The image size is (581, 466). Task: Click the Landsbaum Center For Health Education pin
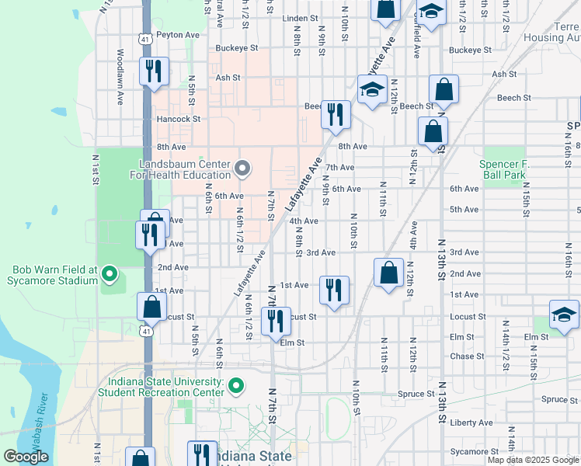click(243, 168)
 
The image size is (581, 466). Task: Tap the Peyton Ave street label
click(178, 35)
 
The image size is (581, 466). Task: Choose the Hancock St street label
click(179, 120)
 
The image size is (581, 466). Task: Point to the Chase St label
click(467, 356)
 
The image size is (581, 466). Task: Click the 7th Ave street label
click(339, 167)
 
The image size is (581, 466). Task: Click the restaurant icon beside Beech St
click(336, 113)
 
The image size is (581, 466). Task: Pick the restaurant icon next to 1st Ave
click(335, 290)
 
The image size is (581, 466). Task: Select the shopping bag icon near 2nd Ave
click(388, 273)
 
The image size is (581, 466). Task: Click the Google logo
click(26, 457)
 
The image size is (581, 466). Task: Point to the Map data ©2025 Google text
click(533, 460)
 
